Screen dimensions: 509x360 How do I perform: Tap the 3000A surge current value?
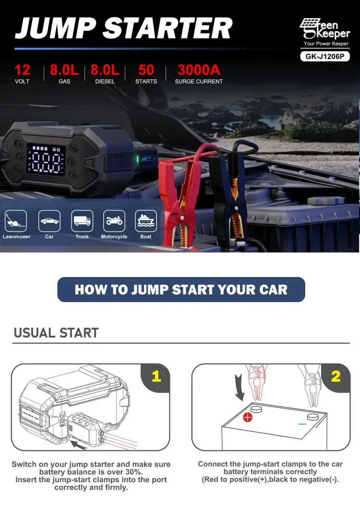click(x=199, y=70)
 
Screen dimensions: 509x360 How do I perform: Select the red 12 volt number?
click(x=22, y=70)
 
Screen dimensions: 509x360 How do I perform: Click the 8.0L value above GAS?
click(x=64, y=70)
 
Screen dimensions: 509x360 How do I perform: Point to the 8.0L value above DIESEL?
click(x=105, y=70)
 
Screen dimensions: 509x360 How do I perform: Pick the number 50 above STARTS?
click(x=146, y=70)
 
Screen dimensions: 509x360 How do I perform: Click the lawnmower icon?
click(x=16, y=221)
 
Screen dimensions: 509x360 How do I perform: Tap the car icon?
click(x=49, y=221)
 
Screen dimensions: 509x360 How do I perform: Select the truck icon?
click(x=82, y=221)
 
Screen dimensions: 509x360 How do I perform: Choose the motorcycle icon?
click(x=114, y=221)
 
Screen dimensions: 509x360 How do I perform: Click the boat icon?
click(x=146, y=221)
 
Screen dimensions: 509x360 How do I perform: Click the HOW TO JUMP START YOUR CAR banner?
click(x=181, y=290)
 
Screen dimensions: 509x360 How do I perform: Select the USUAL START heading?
click(x=56, y=333)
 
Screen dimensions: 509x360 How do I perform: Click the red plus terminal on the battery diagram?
click(x=248, y=417)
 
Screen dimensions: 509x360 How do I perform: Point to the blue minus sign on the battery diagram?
click(x=302, y=424)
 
